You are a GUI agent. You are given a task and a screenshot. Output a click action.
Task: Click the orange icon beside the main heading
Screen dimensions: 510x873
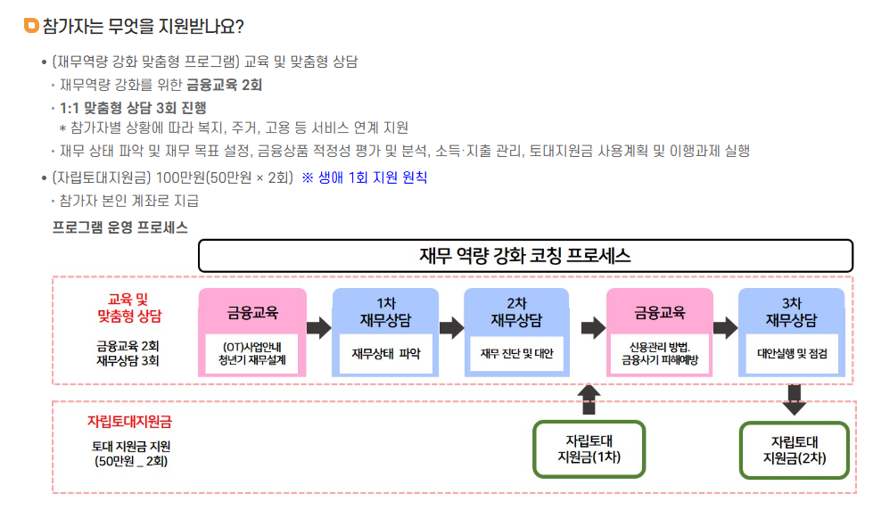pyautogui.click(x=30, y=26)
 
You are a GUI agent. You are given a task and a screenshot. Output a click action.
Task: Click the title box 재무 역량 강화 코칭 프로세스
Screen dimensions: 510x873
pyautogui.click(x=525, y=257)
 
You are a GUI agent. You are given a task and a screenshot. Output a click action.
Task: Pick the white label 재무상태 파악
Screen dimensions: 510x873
pyautogui.click(x=385, y=353)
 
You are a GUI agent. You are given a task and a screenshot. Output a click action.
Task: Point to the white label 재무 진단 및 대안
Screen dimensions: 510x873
pyautogui.click(x=517, y=353)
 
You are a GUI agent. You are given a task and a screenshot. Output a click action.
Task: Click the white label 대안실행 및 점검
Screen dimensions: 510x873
pyautogui.click(x=792, y=353)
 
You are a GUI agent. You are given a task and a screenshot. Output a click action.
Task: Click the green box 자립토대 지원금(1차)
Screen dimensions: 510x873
pyautogui.click(x=589, y=449)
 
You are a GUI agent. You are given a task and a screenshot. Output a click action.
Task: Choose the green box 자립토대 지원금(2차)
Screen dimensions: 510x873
pyautogui.click(x=795, y=449)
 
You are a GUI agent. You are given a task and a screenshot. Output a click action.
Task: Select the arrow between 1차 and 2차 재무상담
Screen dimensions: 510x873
pyautogui.click(x=451, y=327)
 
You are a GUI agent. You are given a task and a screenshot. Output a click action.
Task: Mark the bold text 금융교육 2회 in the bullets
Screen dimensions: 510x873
pyautogui.click(x=224, y=85)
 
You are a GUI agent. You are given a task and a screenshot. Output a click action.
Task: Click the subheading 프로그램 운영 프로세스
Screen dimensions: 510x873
pyautogui.click(x=120, y=227)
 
